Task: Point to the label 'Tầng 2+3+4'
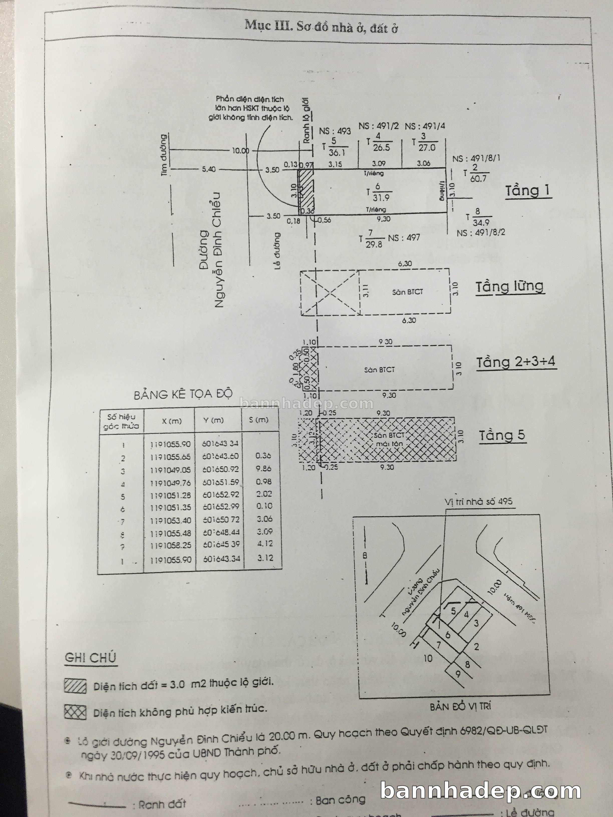click(516, 362)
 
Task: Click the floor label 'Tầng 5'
click(502, 436)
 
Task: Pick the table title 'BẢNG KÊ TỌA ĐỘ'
click(183, 394)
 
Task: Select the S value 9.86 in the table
click(263, 468)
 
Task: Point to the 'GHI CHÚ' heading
click(91, 658)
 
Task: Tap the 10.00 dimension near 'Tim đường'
click(240, 150)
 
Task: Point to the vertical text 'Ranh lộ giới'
click(306, 120)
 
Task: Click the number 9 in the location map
click(458, 674)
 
